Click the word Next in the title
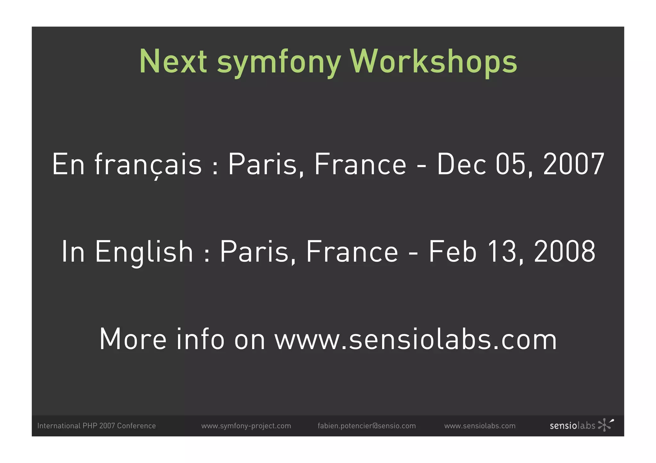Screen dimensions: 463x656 pos(173,61)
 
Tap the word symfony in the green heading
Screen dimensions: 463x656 pos(279,62)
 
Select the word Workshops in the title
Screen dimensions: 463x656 pos(433,61)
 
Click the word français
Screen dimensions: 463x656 pos(148,164)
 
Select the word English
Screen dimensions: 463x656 pos(144,252)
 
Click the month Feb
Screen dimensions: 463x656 pos(453,252)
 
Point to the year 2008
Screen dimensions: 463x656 pos(564,252)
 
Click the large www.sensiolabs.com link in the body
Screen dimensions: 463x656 pos(415,339)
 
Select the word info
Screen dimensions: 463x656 pos(200,339)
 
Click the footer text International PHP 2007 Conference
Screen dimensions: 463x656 pos(96,426)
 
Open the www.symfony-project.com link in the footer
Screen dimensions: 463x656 pos(246,426)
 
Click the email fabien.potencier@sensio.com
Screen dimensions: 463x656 pos(366,426)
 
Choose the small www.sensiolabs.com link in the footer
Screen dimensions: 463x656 pos(480,426)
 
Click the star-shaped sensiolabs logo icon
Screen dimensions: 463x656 pos(605,425)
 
